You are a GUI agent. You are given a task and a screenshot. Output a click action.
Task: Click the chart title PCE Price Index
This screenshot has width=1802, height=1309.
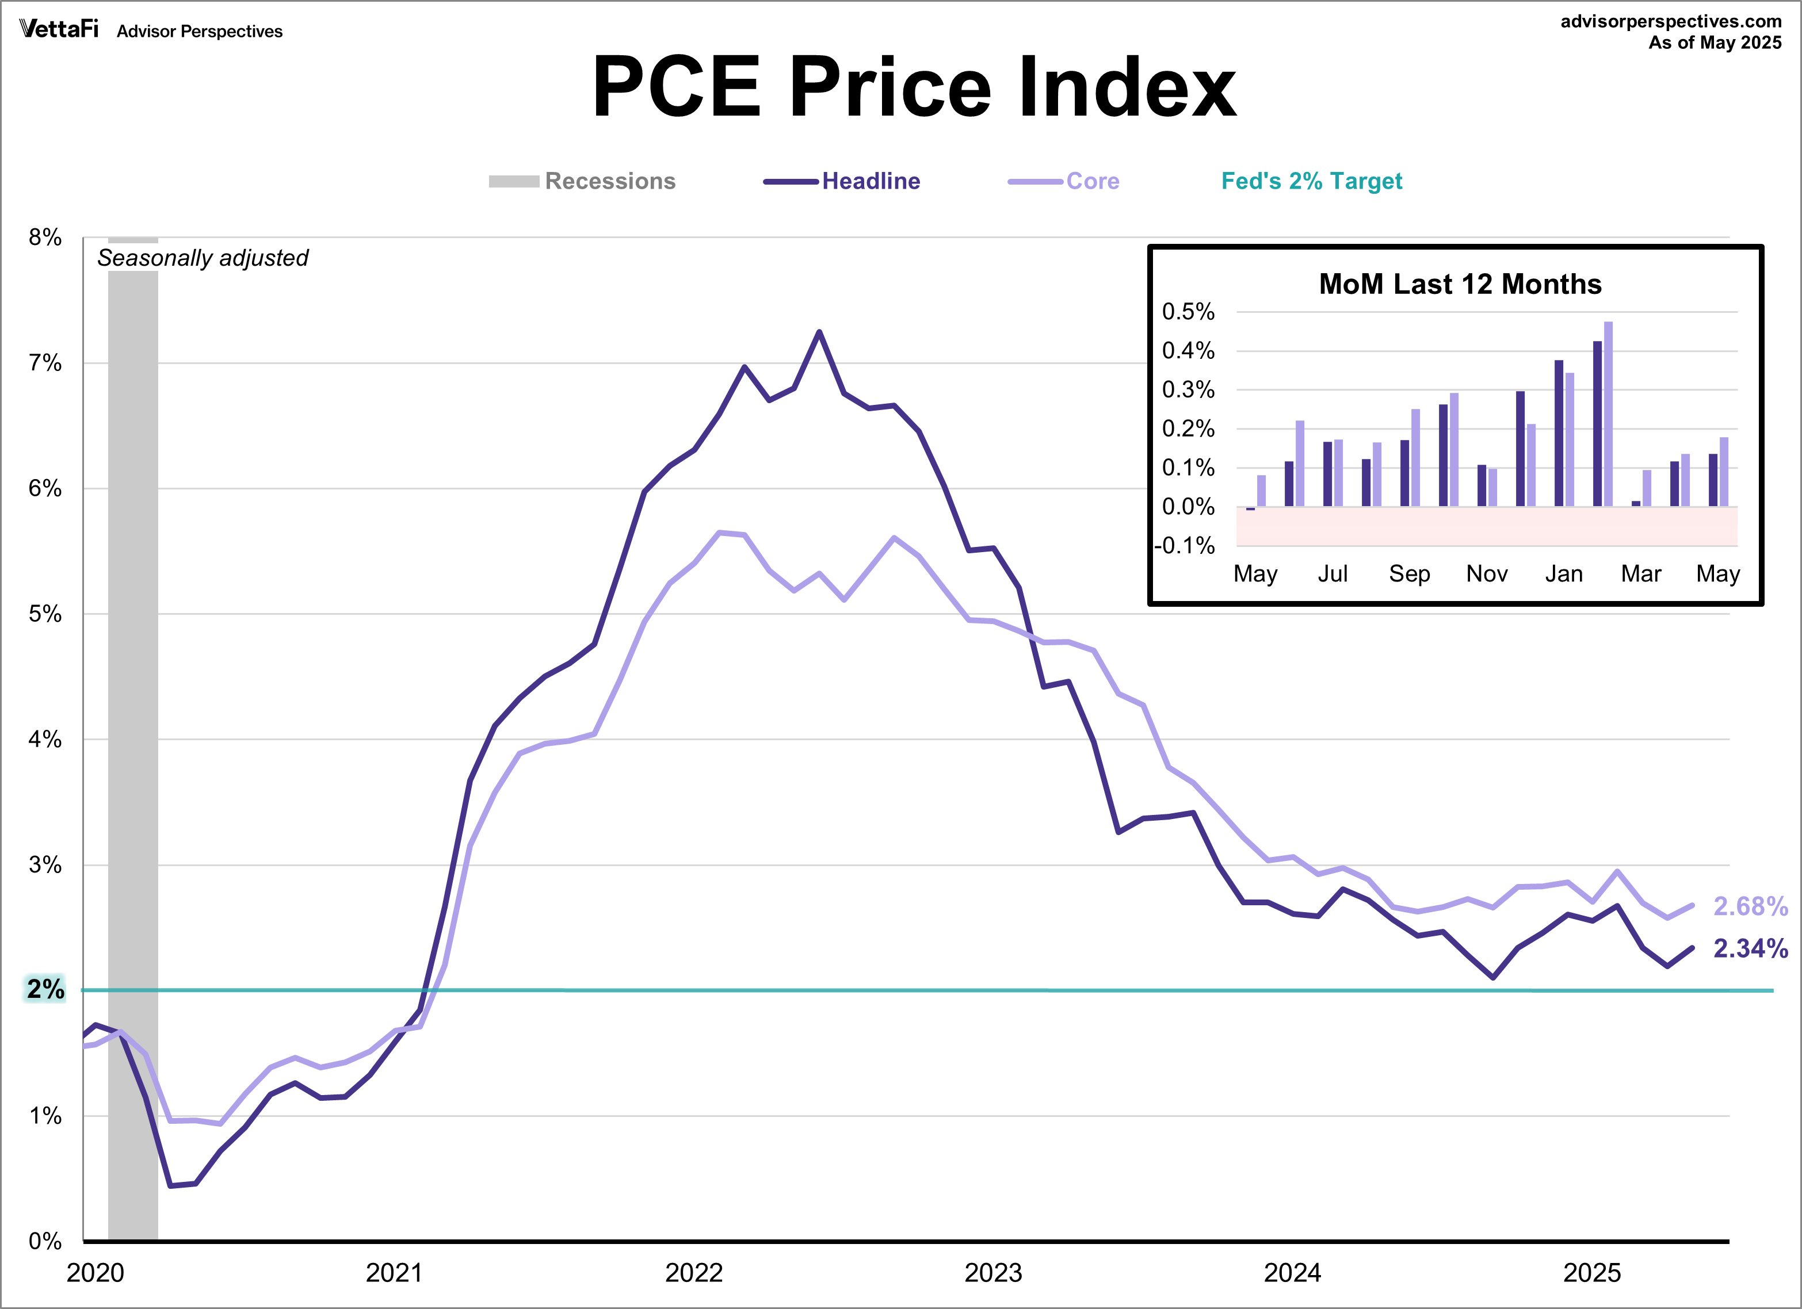pyautogui.click(x=914, y=87)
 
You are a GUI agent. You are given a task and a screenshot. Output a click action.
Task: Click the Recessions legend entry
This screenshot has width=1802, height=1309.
pyautogui.click(x=609, y=181)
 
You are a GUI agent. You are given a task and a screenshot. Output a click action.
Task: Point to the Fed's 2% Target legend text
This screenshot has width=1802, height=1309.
pyautogui.click(x=1311, y=181)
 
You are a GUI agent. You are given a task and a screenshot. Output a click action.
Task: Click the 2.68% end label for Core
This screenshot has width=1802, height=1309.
pyautogui.click(x=1750, y=906)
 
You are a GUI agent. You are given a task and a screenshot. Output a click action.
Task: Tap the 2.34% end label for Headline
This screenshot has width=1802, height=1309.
pyautogui.click(x=1750, y=948)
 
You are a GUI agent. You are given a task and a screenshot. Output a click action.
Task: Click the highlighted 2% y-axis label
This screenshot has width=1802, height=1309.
pyautogui.click(x=45, y=990)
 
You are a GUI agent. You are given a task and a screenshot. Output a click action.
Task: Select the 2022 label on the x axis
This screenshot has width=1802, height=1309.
pyautogui.click(x=694, y=1273)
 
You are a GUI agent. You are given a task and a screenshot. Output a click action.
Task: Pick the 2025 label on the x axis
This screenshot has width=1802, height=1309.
pyautogui.click(x=1591, y=1273)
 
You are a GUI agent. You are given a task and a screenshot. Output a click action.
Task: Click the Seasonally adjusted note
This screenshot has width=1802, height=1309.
pyautogui.click(x=203, y=258)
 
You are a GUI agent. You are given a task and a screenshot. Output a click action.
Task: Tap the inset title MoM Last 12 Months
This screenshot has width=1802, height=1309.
pyautogui.click(x=1460, y=284)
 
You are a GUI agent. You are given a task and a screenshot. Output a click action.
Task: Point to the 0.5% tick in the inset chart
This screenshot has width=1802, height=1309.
pyautogui.click(x=1188, y=311)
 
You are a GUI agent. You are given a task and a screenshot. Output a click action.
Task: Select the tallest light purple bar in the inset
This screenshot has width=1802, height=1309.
pyautogui.click(x=1608, y=413)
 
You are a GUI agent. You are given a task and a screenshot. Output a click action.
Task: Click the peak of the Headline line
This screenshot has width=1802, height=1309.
pyautogui.click(x=819, y=332)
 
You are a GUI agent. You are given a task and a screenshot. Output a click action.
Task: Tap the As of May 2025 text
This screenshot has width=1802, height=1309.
pyautogui.click(x=1715, y=43)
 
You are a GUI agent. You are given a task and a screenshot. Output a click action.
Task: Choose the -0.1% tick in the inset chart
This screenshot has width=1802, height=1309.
pyautogui.click(x=1185, y=546)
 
